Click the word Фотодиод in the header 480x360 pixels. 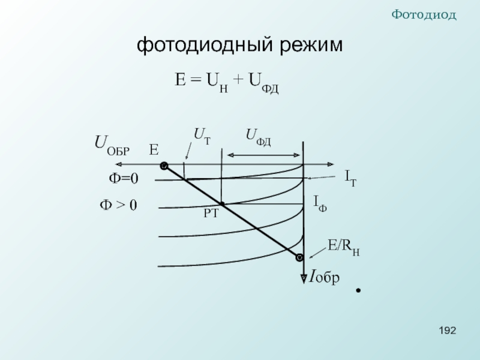pos(424,14)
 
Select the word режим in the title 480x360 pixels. pos(311,44)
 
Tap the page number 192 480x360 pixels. pos(448,331)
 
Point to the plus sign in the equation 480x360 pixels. pos(238,80)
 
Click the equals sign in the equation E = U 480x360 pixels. pos(196,80)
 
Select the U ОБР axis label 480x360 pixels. pos(112,145)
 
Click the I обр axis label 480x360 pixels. pos(324,277)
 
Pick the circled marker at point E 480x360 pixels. pos(164,166)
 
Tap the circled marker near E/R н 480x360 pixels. pos(299,257)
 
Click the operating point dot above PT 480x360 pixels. pos(222,204)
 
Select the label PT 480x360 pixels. pos(211,214)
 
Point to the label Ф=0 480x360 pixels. pos(124,178)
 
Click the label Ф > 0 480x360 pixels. pos(118,205)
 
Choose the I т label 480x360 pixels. pos(351,178)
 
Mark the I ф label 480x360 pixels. pos(320,204)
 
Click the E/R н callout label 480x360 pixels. pos(343,247)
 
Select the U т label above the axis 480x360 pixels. pos(202,136)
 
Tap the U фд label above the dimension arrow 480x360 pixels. pos(259,137)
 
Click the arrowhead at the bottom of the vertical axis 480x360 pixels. pos(304,279)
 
